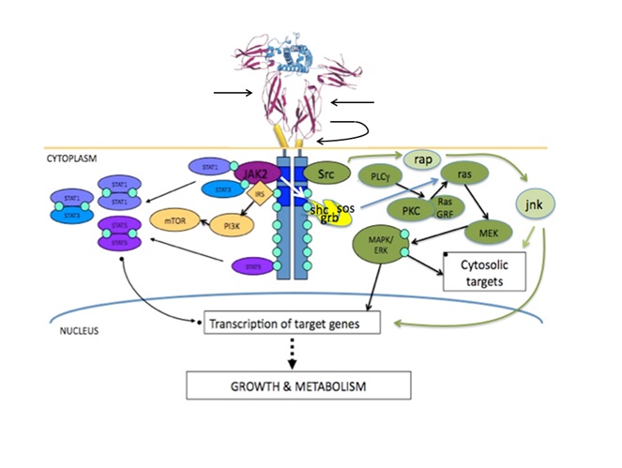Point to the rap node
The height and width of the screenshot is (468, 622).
coord(424,159)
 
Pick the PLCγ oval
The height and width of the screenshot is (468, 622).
coord(381,176)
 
